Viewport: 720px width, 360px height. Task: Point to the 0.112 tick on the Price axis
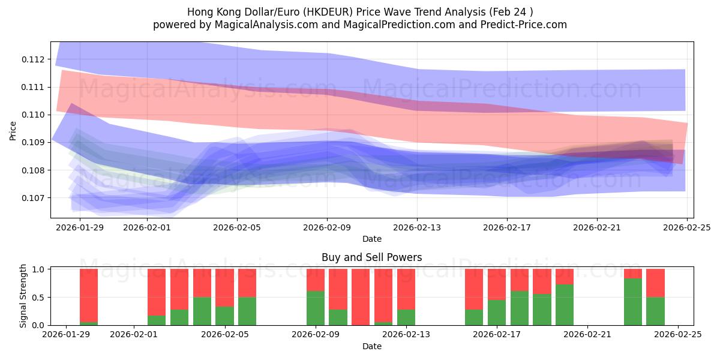[33, 59]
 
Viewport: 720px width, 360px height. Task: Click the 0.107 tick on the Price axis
[33, 198]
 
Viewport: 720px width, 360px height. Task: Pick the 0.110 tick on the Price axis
[33, 115]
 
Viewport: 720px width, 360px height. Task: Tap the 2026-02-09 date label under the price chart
[327, 227]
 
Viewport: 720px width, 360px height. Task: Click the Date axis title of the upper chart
[371, 239]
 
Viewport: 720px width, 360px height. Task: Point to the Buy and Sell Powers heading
[371, 257]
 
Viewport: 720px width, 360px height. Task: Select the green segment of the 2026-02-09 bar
[316, 308]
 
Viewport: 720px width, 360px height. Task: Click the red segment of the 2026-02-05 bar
[224, 288]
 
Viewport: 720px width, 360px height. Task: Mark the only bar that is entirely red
[361, 297]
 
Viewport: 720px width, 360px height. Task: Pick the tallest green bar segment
[632, 302]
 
